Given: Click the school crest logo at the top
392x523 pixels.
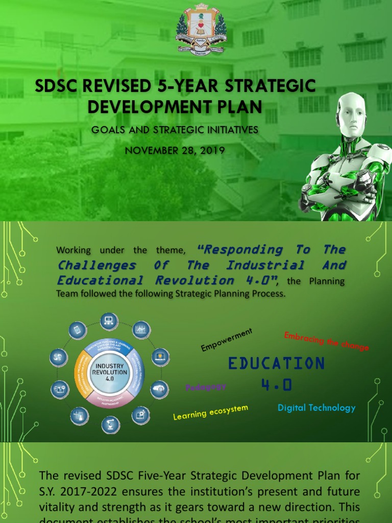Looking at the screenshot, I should [x=201, y=32].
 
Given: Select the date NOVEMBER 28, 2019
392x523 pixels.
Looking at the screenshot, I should [x=175, y=151].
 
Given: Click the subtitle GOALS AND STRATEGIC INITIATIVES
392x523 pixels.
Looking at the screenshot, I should [x=175, y=130].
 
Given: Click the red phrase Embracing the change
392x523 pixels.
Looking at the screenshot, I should [x=326, y=341].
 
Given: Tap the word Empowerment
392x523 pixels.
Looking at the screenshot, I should [x=227, y=340].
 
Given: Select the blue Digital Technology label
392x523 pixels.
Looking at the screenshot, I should [x=316, y=408].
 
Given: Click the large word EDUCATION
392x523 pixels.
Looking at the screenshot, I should [x=276, y=364].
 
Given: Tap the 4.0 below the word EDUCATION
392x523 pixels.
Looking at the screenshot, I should [x=276, y=385].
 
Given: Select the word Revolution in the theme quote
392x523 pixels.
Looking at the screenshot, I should [x=187, y=280].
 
